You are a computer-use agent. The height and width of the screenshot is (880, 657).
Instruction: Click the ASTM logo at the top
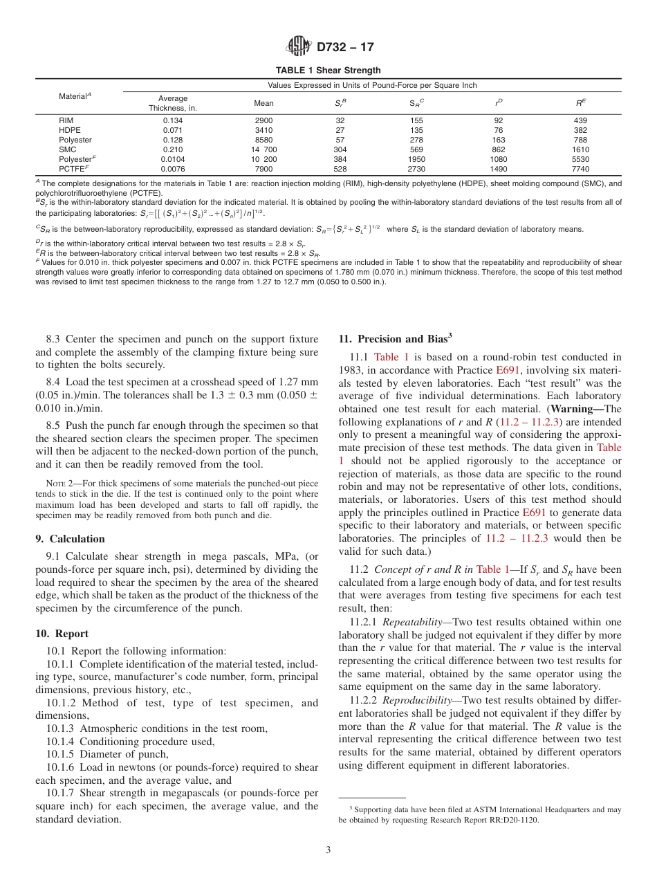click(299, 47)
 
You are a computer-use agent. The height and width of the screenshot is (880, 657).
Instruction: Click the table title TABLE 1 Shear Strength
click(328, 71)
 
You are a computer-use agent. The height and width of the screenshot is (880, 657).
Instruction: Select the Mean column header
click(263, 103)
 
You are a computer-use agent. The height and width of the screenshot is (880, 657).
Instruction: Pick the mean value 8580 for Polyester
click(263, 140)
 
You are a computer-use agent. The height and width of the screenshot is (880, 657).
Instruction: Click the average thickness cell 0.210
click(172, 149)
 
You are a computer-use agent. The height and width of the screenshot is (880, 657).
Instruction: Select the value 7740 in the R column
click(580, 169)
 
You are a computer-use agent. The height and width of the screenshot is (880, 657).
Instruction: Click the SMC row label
click(67, 149)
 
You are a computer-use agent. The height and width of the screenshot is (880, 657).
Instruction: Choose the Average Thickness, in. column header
click(172, 103)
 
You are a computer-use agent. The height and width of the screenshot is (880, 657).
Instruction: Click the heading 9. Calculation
click(70, 539)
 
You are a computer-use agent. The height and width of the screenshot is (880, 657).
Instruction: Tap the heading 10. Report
click(62, 634)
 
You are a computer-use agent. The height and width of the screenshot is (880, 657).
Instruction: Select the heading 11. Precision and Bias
click(395, 339)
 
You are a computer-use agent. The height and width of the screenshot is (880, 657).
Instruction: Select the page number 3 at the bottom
click(328, 850)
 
